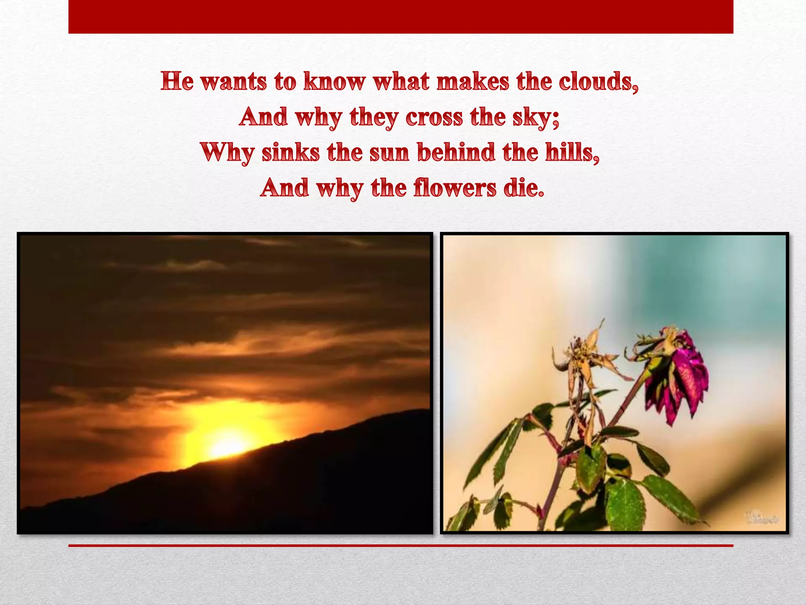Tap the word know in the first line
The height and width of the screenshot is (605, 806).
click(335, 82)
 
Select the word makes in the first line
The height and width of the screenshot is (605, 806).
click(473, 82)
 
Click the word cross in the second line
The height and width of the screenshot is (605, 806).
click(434, 117)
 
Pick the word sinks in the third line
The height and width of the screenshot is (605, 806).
click(290, 152)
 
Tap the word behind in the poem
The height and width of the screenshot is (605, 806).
click(455, 152)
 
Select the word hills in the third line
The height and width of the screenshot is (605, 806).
click(572, 152)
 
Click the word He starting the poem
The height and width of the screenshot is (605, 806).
click(177, 82)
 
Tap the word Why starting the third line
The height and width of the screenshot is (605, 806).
click(227, 153)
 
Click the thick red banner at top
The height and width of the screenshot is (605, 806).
click(401, 17)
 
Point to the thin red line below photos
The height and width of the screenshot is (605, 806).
click(401, 546)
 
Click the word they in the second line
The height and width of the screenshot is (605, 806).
click(373, 118)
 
